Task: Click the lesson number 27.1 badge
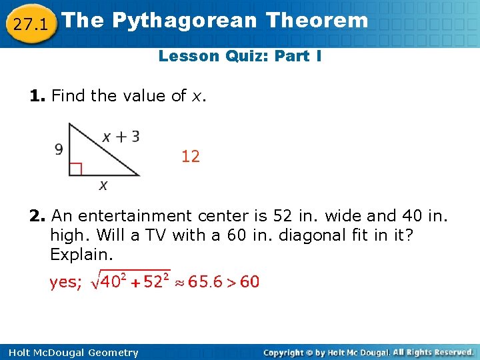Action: [29, 25]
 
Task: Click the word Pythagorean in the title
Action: [184, 20]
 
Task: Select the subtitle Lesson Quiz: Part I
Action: [240, 56]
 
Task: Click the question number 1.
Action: [37, 96]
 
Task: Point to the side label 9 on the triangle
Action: [59, 149]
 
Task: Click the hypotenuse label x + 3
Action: [121, 137]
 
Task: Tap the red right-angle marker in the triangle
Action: [75, 169]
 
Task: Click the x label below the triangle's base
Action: [103, 185]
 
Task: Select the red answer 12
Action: [191, 157]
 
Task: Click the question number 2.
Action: [37, 216]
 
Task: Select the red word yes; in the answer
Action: [66, 283]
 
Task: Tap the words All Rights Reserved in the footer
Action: [432, 352]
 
